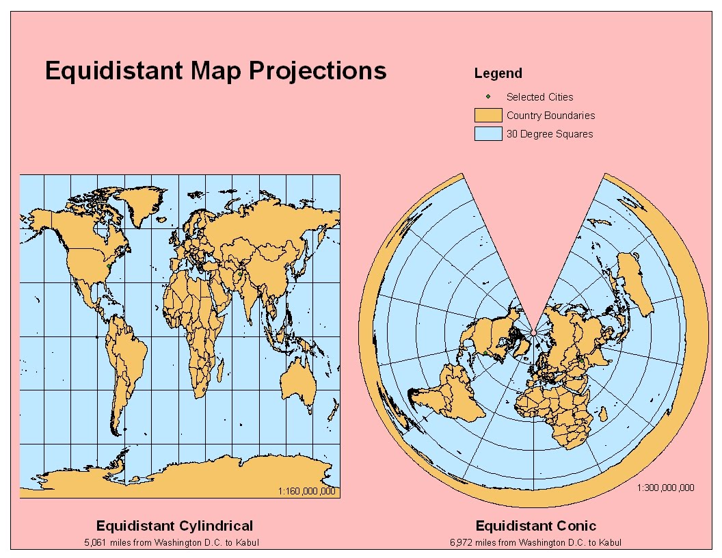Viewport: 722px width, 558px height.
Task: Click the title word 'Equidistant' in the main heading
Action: click(114, 71)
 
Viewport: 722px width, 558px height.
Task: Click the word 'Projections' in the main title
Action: click(317, 71)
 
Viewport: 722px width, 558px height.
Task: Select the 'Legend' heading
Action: click(498, 74)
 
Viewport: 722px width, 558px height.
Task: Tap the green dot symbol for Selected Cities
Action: click(488, 96)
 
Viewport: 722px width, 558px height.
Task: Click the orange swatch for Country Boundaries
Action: click(488, 116)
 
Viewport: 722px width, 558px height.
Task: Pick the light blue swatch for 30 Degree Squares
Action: click(488, 134)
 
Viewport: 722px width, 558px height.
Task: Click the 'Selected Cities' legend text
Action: click(539, 97)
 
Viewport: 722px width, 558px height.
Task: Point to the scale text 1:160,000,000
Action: click(307, 491)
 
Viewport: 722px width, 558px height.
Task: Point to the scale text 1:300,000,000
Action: click(665, 488)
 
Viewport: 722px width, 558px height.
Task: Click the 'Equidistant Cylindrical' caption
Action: click(174, 526)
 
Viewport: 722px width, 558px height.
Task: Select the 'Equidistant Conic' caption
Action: click(536, 526)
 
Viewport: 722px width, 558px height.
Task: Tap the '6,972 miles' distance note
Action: click(536, 542)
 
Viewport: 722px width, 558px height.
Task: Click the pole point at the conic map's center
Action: click(533, 332)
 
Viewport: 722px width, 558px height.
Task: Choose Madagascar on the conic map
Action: click(602, 414)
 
